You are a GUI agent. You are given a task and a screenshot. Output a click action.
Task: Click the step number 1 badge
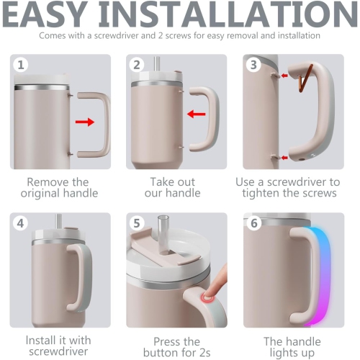21,65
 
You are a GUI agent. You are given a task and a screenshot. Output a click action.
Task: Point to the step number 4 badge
21,223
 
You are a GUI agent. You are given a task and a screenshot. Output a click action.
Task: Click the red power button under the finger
210,297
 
